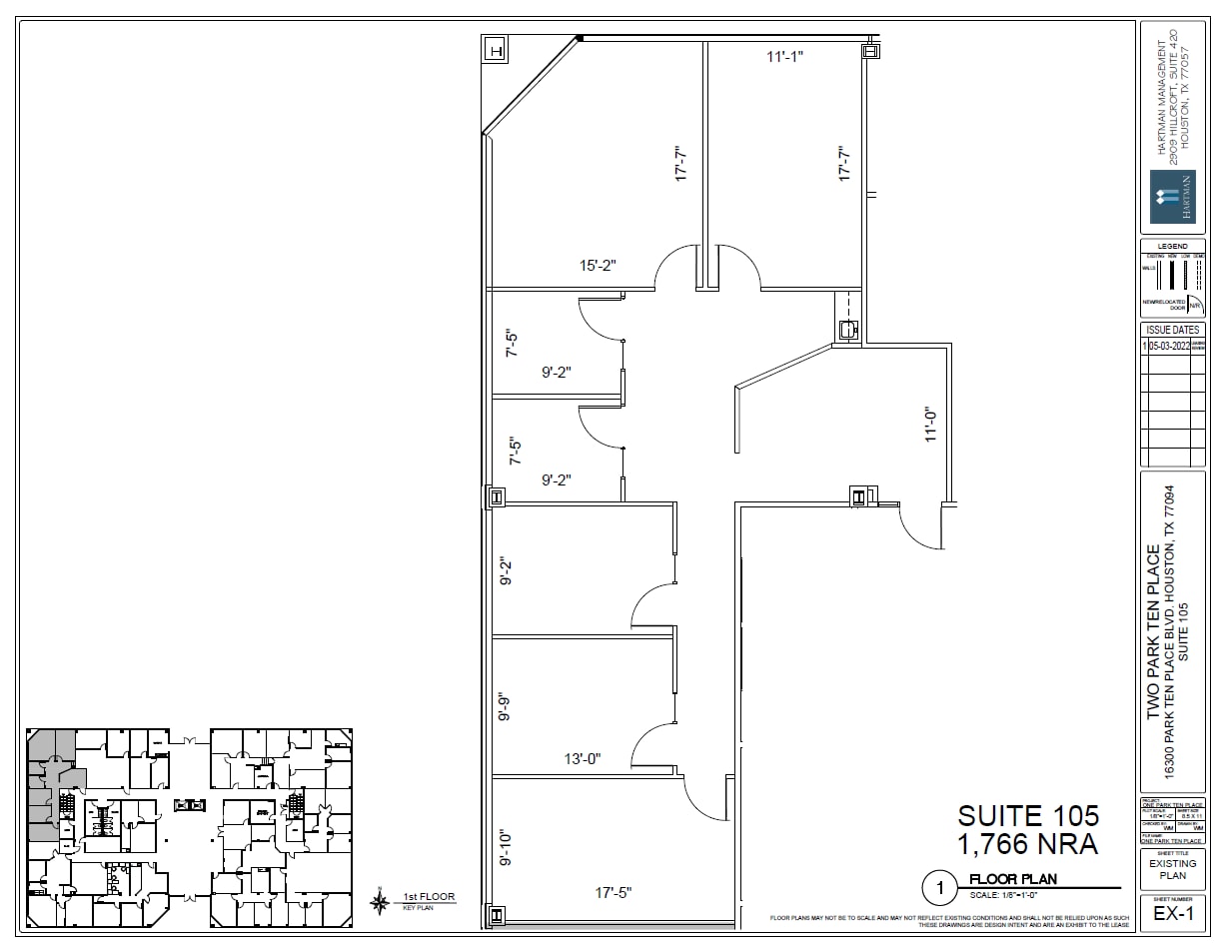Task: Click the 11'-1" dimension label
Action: [784, 57]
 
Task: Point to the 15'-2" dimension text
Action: [598, 266]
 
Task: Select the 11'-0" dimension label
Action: [931, 424]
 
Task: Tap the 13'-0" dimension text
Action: [582, 759]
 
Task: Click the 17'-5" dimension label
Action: [612, 892]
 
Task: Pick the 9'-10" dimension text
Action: [506, 848]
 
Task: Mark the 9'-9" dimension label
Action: [506, 706]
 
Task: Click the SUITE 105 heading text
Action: [1028, 816]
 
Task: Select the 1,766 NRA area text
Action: [1028, 845]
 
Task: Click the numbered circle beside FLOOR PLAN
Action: [938, 886]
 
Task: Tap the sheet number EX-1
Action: [1172, 914]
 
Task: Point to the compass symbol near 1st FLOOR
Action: [380, 902]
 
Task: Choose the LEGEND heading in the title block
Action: [1172, 247]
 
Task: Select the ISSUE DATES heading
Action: [1172, 330]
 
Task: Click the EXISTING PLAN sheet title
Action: [1172, 869]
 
